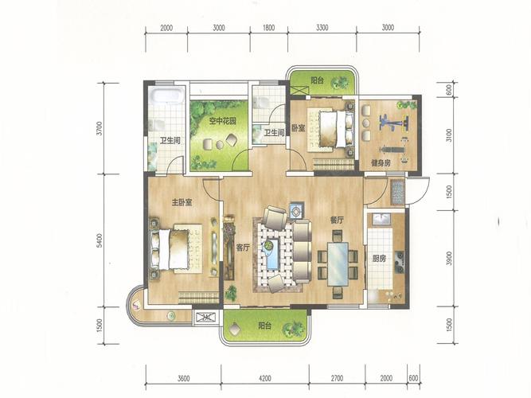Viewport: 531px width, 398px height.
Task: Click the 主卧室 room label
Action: tap(182, 202)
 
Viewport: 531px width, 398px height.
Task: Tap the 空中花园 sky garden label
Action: tap(222, 120)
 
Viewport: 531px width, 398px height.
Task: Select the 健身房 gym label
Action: tap(381, 163)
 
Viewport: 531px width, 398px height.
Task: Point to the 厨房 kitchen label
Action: tap(379, 259)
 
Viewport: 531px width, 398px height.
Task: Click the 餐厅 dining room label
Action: tap(337, 220)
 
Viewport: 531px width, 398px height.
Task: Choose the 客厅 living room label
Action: tap(243, 248)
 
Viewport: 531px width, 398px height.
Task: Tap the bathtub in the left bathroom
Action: tap(167, 96)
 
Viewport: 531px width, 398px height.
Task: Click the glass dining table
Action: tap(338, 264)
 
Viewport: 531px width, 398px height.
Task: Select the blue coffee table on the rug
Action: tap(272, 255)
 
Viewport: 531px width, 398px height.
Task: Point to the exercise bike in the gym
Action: tap(394, 123)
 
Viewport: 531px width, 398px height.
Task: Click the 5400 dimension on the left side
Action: tap(99, 240)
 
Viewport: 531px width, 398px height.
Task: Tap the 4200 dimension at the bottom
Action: tap(264, 378)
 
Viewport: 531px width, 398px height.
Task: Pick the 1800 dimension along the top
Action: tap(269, 27)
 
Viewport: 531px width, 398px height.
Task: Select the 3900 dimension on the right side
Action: tap(449, 259)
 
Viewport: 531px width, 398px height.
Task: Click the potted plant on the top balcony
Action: tap(340, 82)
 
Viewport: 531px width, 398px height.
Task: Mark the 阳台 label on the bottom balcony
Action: tap(264, 326)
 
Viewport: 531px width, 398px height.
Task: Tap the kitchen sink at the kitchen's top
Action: tap(381, 219)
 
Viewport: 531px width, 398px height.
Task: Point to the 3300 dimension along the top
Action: tap(322, 27)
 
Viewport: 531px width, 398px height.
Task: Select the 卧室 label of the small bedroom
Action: tap(299, 128)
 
